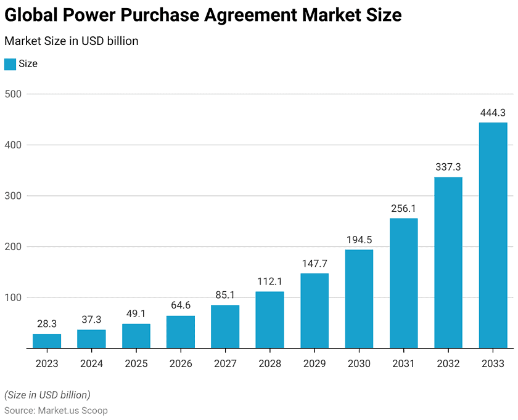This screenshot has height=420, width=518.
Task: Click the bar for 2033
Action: [x=493, y=235]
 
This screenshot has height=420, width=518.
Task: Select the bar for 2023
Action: [x=47, y=341]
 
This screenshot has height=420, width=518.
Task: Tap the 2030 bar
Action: [x=359, y=299]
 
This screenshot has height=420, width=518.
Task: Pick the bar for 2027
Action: [x=225, y=326]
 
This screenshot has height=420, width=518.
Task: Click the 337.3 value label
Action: [x=448, y=167]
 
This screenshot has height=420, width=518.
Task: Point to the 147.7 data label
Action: [x=314, y=264]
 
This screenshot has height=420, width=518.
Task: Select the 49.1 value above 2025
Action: [x=136, y=313]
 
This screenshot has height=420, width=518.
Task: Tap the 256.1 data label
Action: [x=403, y=208]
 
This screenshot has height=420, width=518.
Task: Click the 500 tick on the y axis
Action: [x=13, y=94]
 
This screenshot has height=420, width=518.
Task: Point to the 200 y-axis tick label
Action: [x=13, y=247]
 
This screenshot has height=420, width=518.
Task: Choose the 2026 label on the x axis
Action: [x=181, y=364]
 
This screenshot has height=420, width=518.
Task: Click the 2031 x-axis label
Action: [x=403, y=364]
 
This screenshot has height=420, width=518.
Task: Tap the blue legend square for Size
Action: [x=10, y=64]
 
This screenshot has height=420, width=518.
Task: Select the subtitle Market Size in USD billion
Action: [x=71, y=41]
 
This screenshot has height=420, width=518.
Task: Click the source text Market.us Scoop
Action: [x=73, y=410]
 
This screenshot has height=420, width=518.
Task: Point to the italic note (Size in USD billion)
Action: [x=47, y=395]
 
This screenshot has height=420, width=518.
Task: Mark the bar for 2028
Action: [x=269, y=320]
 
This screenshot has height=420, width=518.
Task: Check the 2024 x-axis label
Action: [x=91, y=364]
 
